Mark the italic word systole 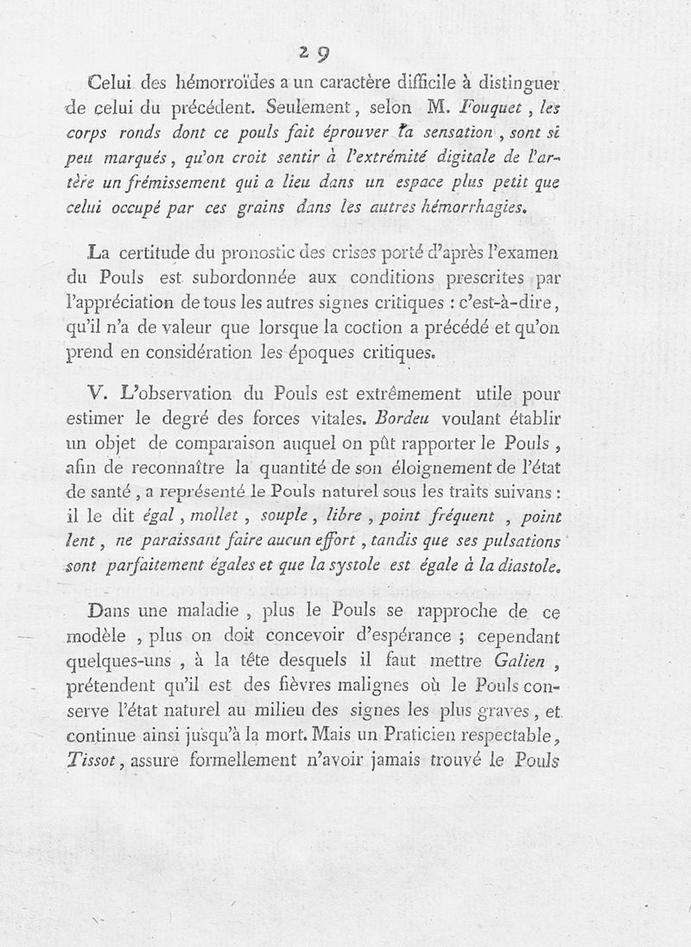coord(407,568)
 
